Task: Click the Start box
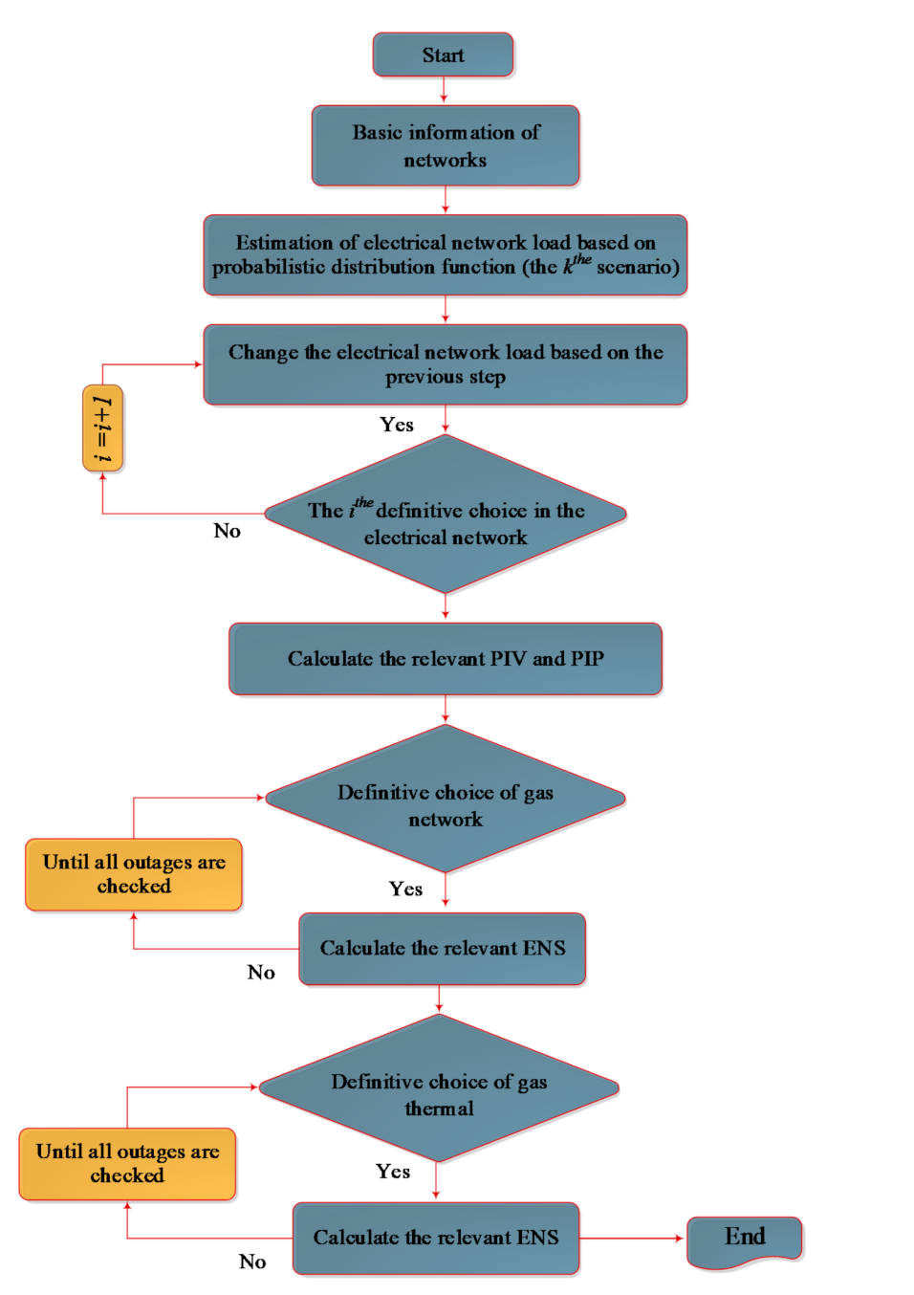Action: pos(443,55)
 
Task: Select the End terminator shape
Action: pos(745,1240)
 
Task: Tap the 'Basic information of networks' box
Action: pos(446,145)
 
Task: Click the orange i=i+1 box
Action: pos(102,428)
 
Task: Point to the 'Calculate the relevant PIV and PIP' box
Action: pos(446,659)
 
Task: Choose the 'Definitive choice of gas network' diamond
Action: pos(446,800)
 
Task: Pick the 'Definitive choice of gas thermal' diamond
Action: pos(439,1089)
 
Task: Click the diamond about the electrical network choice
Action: pos(446,516)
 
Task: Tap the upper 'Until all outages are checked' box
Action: pos(134,874)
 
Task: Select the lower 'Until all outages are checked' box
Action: pos(127,1164)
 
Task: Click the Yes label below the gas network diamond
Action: pos(405,889)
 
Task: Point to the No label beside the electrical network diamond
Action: pos(227,532)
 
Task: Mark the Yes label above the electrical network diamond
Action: pos(397,425)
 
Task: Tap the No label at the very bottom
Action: pos(252,1262)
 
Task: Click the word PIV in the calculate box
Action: pos(508,659)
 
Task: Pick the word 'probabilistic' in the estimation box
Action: pos(269,268)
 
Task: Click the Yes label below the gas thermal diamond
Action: pos(393,1172)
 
